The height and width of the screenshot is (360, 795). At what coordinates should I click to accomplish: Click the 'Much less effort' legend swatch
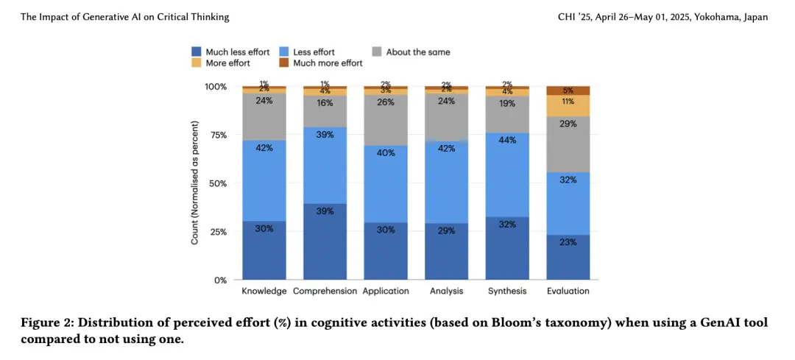(196, 52)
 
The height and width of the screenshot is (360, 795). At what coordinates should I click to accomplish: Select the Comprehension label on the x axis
(325, 291)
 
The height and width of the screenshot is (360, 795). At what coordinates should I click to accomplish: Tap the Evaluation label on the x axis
(568, 291)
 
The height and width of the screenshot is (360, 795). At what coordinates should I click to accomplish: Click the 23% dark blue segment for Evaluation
(568, 257)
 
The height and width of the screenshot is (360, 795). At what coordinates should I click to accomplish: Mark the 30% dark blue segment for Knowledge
(264, 250)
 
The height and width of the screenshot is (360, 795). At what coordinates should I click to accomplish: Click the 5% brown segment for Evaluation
(568, 91)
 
